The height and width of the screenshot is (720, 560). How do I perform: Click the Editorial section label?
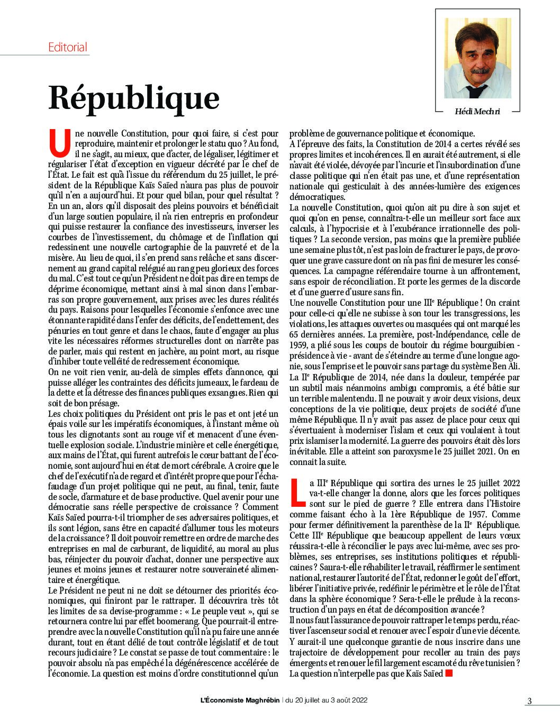(67, 47)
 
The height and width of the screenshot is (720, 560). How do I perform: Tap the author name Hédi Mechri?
(477, 111)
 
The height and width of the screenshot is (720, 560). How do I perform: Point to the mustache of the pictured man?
(479, 70)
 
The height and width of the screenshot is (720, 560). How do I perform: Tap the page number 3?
(529, 701)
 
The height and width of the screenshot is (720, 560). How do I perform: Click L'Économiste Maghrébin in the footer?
(240, 700)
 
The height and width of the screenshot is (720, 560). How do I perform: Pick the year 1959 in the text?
(299, 344)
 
